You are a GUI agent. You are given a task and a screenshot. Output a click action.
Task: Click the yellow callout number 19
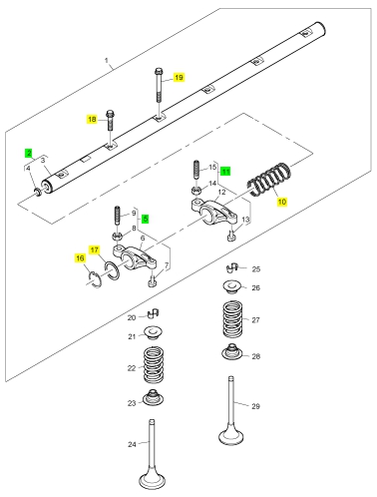point(179,77)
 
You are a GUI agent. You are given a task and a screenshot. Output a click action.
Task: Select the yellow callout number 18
point(92,119)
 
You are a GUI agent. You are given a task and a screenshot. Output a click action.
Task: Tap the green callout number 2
point(29,153)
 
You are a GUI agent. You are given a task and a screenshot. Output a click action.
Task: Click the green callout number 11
point(225,172)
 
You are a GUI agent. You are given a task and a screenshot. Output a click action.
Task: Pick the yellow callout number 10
point(281,202)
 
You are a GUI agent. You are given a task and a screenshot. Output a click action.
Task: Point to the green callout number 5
point(145,219)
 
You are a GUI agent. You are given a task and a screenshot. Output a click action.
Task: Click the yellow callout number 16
point(80,258)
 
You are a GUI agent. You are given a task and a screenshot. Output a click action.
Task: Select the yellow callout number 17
point(95,249)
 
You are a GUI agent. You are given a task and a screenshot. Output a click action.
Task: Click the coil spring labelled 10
point(269,179)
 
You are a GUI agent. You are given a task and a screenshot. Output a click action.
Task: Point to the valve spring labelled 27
point(232,319)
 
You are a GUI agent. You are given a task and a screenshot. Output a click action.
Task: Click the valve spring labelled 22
point(154,364)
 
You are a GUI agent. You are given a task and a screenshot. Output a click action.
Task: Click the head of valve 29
point(231,434)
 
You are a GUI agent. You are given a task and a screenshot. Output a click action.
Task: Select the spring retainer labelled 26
point(231,287)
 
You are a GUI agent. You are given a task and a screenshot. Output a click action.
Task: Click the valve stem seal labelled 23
point(153,397)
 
